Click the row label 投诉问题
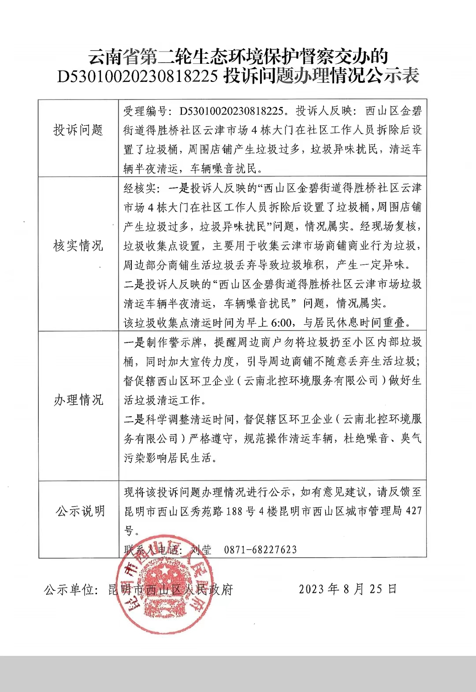tap(78, 130)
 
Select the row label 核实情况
tap(78, 245)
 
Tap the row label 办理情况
tap(78, 400)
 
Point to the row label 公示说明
tap(80, 511)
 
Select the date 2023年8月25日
tap(348, 589)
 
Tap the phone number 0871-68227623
tap(260, 550)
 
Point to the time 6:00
tap(281, 323)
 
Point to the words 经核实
tap(140, 188)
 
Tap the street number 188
tap(234, 511)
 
